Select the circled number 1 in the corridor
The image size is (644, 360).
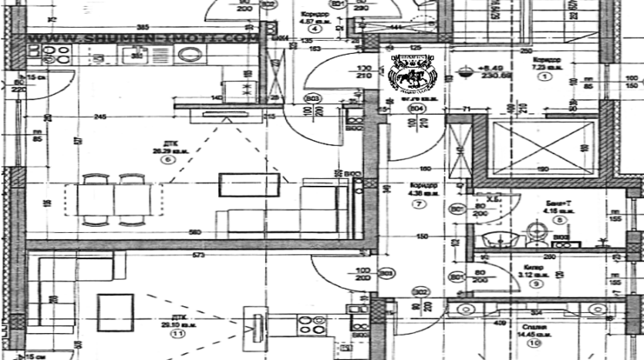click(545, 77)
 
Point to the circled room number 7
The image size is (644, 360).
click(419, 204)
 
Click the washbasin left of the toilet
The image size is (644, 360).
click(491, 238)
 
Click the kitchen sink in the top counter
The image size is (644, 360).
click(137, 54)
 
